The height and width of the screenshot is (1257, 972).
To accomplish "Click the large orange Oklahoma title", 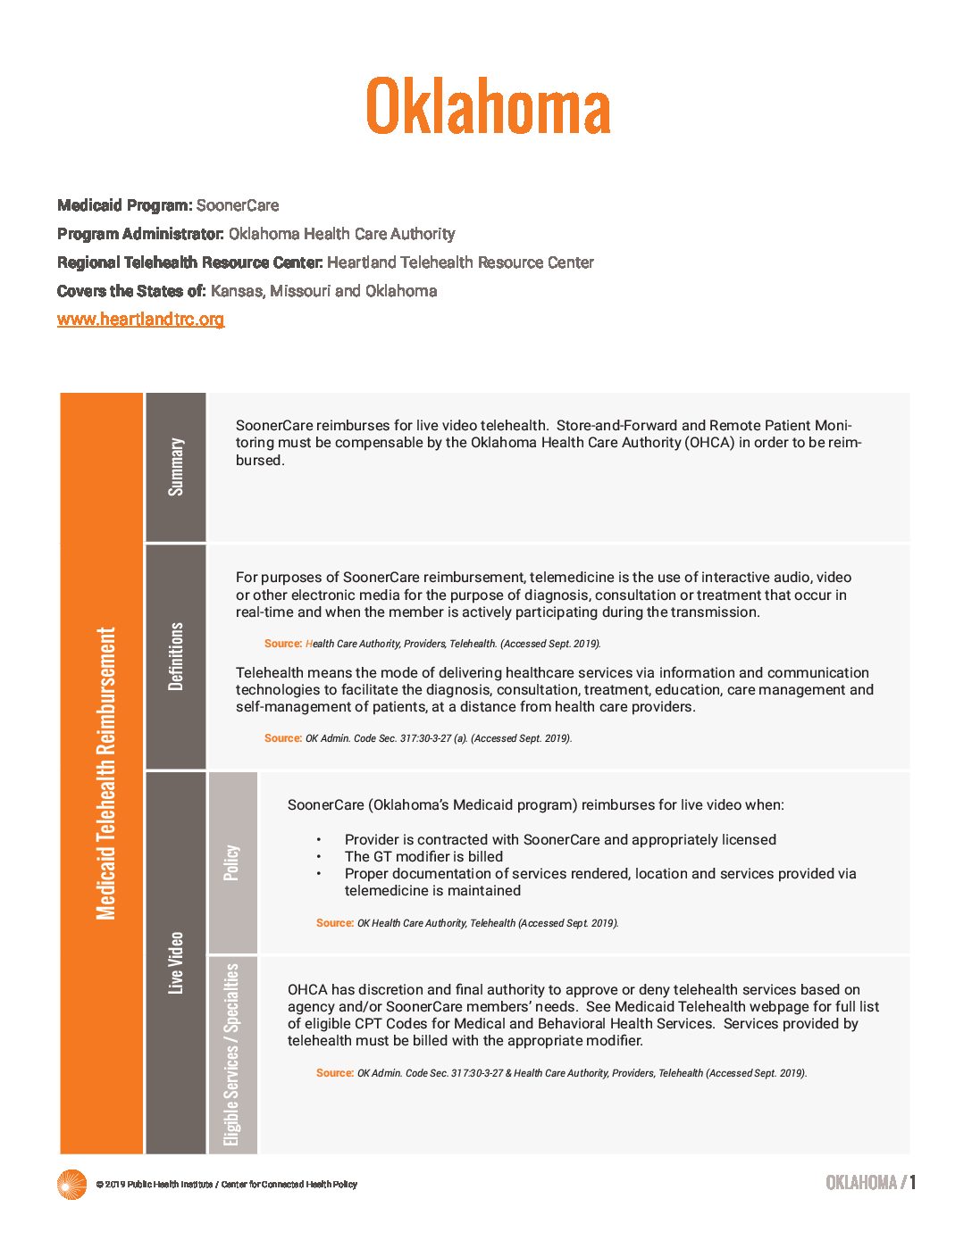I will click(x=488, y=105).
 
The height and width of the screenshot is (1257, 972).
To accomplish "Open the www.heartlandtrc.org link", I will click(x=140, y=319).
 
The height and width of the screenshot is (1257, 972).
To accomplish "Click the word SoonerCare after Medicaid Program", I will click(x=238, y=205).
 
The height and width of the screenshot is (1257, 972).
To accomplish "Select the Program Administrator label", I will click(x=140, y=234).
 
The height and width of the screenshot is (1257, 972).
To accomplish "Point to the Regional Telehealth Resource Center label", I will click(x=189, y=262).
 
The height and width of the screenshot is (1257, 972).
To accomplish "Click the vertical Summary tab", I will click(x=176, y=467).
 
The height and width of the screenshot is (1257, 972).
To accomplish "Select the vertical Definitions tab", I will click(x=176, y=656).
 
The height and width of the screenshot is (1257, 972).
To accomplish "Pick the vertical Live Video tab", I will click(x=176, y=962).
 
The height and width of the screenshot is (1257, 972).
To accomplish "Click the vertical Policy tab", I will click(x=232, y=862).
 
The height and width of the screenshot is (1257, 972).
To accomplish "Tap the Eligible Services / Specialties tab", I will click(x=232, y=1054).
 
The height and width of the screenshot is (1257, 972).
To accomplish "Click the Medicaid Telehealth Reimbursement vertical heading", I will click(x=105, y=773).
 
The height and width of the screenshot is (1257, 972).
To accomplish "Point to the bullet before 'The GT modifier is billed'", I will click(x=319, y=856).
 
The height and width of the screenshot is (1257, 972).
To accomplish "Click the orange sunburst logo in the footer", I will click(x=71, y=1184).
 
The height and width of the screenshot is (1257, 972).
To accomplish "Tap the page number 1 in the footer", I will click(x=912, y=1183).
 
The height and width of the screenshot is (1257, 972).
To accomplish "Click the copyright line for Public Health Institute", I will click(x=227, y=1185).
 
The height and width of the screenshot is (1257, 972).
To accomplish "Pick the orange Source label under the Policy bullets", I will click(x=335, y=923).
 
